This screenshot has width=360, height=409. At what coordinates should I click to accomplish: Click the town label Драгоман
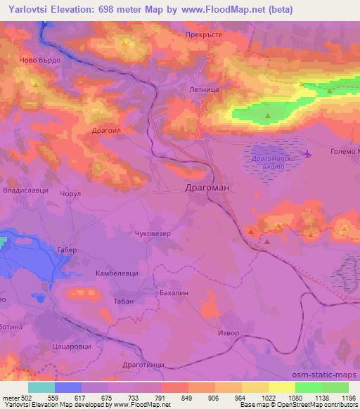pos(206,188)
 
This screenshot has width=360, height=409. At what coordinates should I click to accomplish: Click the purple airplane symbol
pos(306,152)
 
